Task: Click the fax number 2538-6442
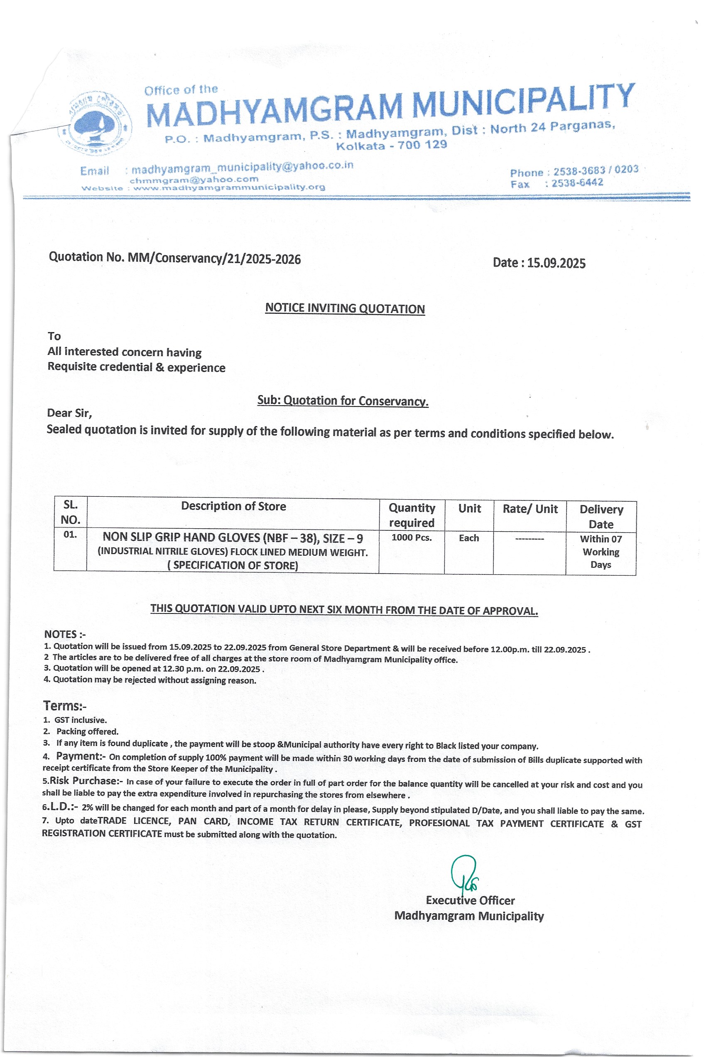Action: pyautogui.click(x=577, y=183)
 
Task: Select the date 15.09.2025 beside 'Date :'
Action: pyautogui.click(x=556, y=263)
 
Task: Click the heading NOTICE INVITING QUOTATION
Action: pyautogui.click(x=345, y=309)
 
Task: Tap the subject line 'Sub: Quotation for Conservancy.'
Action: pyautogui.click(x=343, y=401)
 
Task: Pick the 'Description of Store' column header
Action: pyautogui.click(x=233, y=506)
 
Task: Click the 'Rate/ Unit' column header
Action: pyautogui.click(x=530, y=509)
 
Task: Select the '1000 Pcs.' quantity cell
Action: pyautogui.click(x=412, y=537)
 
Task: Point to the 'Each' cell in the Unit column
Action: pyautogui.click(x=469, y=538)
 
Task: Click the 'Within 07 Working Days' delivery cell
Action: pyautogui.click(x=601, y=552)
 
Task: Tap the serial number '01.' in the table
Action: pyautogui.click(x=70, y=535)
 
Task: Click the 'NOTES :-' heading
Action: pyautogui.click(x=65, y=634)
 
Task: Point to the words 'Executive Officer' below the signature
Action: pyautogui.click(x=470, y=900)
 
